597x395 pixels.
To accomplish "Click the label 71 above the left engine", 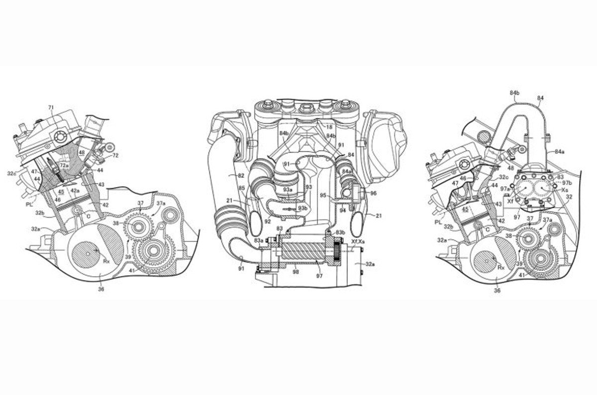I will point(50,107).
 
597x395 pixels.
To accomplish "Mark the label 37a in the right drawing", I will point(548,220).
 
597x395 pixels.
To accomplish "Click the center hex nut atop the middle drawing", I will point(304,108).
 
